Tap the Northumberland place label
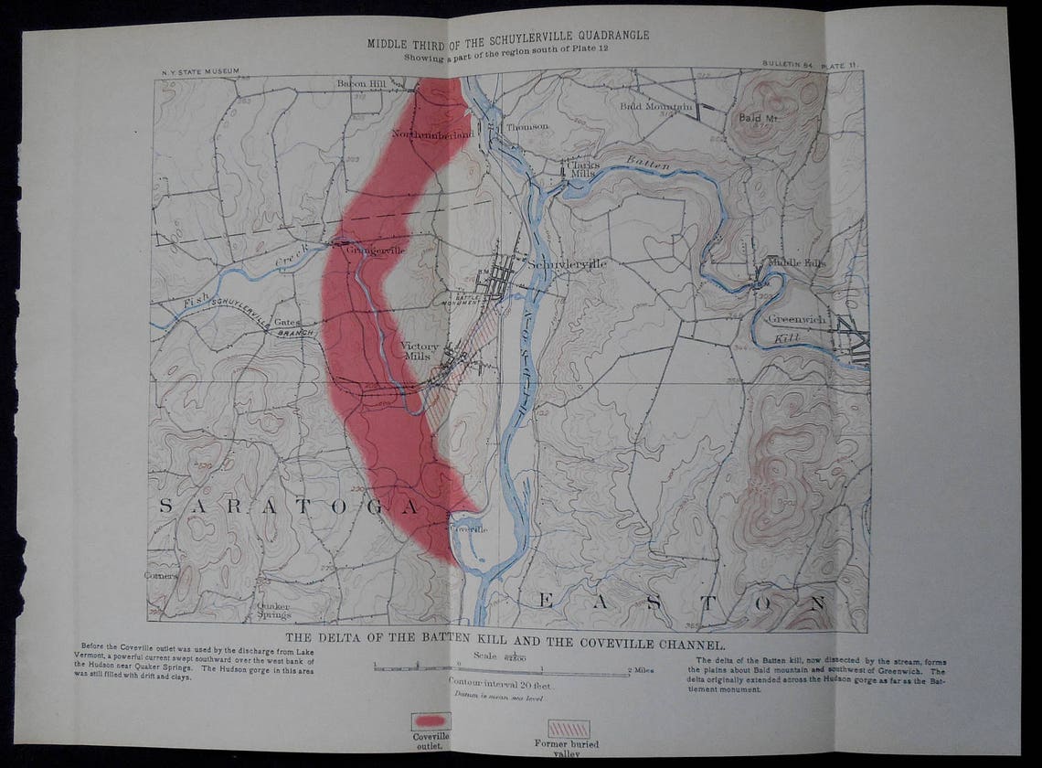(x=432, y=134)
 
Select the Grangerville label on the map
(x=369, y=249)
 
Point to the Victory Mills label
(x=420, y=351)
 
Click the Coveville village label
(x=469, y=528)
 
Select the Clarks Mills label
(x=580, y=168)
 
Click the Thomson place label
(x=527, y=126)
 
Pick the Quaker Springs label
(x=274, y=611)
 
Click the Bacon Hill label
(x=363, y=83)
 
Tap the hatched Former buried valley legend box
(x=568, y=729)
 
